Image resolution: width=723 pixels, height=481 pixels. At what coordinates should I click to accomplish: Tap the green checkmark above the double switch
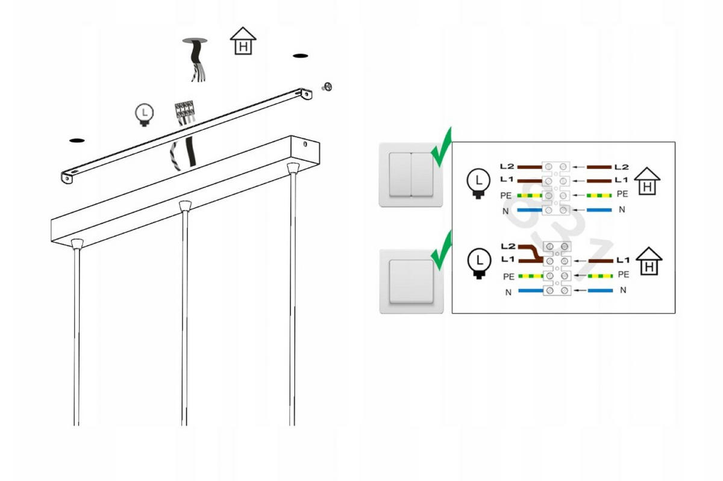(x=442, y=148)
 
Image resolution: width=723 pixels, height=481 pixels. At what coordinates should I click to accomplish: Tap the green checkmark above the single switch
(x=442, y=250)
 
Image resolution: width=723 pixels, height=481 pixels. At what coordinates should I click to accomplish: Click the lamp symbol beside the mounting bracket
(x=144, y=114)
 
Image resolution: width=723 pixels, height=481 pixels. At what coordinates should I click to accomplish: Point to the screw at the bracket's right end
(x=328, y=87)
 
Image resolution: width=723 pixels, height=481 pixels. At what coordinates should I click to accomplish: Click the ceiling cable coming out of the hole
(x=194, y=60)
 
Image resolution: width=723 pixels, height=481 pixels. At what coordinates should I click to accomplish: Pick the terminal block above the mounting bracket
(x=184, y=110)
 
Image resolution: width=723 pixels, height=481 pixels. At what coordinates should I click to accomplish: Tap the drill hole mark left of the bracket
(x=77, y=140)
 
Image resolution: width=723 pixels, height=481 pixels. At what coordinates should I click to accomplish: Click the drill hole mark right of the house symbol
(x=301, y=56)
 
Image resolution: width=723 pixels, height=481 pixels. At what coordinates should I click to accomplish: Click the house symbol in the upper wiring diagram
(x=647, y=181)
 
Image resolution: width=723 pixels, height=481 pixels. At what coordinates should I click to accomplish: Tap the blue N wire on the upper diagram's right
(x=599, y=210)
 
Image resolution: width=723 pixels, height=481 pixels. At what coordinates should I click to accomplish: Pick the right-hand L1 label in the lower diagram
(x=622, y=260)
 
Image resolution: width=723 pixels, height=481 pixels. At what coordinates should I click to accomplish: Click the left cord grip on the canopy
(x=76, y=243)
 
